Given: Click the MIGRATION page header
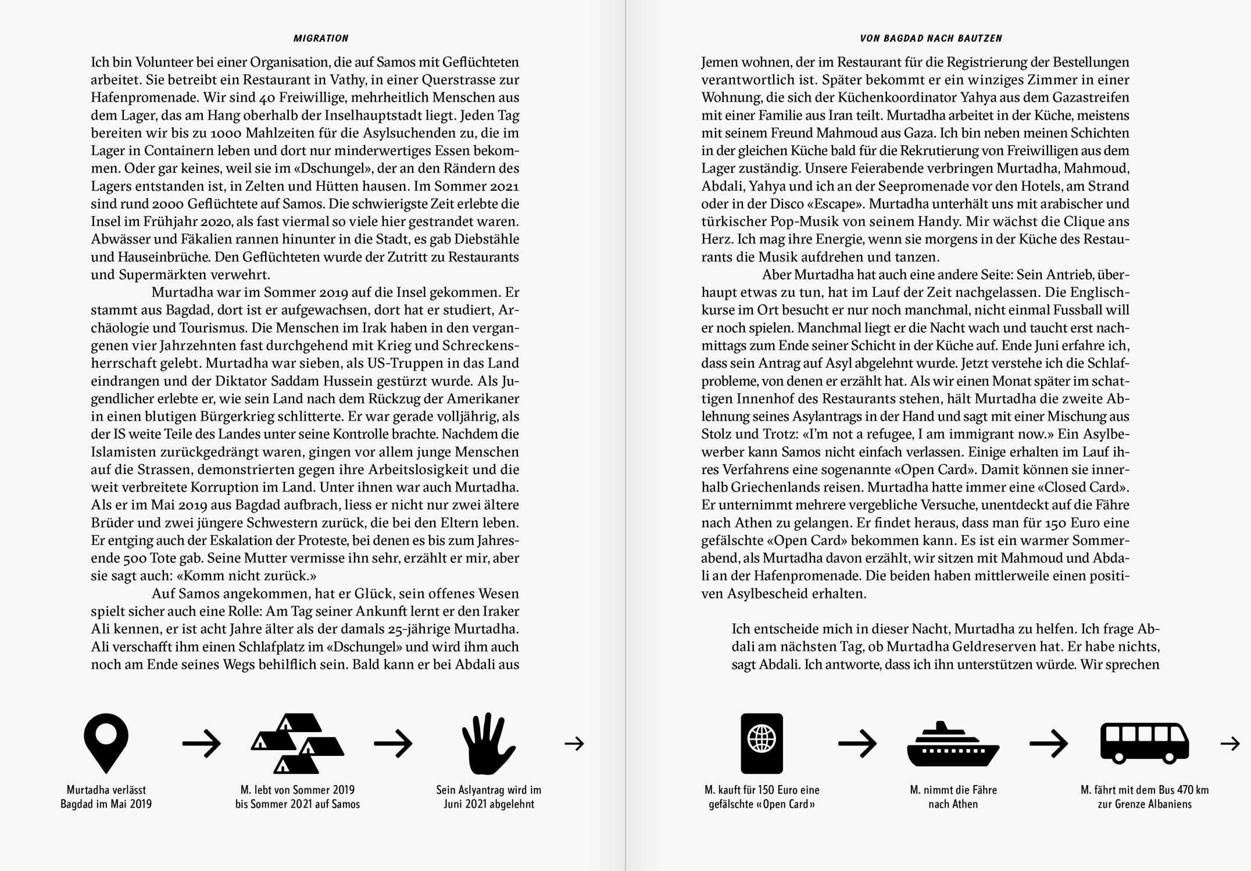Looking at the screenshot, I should click(x=321, y=38).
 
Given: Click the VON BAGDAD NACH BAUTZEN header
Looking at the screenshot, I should click(x=931, y=38).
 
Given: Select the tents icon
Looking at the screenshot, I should click(x=297, y=743).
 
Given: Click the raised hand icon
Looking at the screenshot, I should click(x=488, y=743).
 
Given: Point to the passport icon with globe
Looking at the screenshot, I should click(x=762, y=743).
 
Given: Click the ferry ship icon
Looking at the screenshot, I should click(x=953, y=744).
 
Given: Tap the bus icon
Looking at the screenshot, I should click(x=1144, y=743).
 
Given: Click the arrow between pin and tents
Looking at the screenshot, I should click(x=202, y=743).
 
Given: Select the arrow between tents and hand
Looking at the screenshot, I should click(x=393, y=743).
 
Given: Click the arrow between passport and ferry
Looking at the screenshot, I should click(x=857, y=743).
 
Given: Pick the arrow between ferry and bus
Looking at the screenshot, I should click(x=1049, y=743).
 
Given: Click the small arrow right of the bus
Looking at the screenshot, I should click(x=1229, y=743).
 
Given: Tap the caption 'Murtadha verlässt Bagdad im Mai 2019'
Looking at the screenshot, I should click(x=106, y=797).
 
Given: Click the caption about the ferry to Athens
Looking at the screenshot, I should click(x=953, y=797).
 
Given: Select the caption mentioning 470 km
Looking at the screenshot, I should click(x=1144, y=797).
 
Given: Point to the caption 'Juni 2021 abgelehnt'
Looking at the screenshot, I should click(x=488, y=804).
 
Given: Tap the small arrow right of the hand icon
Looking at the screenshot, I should click(x=574, y=743).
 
